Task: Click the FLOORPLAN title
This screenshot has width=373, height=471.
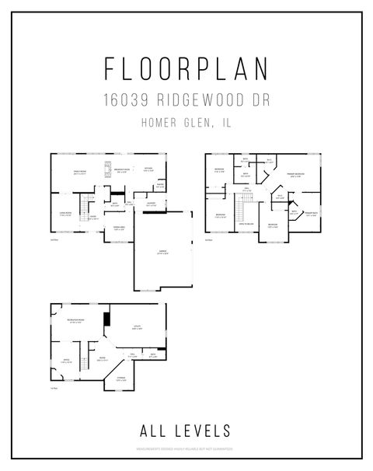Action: point(186,68)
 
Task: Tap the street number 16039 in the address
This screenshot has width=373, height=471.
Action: point(126,100)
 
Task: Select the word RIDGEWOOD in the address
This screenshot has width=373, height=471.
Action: point(194,100)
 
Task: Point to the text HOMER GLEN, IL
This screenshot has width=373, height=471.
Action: point(186,121)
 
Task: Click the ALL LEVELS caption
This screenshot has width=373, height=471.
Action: point(186,428)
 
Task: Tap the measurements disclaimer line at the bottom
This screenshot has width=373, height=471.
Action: point(186,448)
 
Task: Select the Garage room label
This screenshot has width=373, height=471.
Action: point(162,252)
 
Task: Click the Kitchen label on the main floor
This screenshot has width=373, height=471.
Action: point(148,169)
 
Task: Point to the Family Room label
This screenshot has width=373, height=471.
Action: point(78,173)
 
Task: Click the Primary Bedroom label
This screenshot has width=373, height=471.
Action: point(296,174)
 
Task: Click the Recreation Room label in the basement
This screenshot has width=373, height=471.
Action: point(76,321)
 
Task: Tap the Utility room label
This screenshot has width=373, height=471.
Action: point(137,328)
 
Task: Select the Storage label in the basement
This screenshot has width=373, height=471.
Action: point(121,379)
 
